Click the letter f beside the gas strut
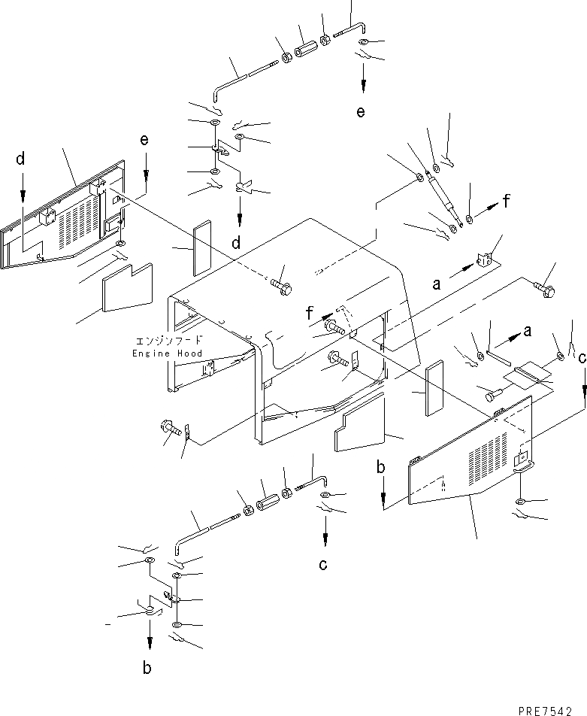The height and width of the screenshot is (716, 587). pos(508,201)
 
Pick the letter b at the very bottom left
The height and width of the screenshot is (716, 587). pos(149,667)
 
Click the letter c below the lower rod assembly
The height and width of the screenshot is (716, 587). pos(323,566)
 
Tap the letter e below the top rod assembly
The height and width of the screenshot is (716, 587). pos(362,112)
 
